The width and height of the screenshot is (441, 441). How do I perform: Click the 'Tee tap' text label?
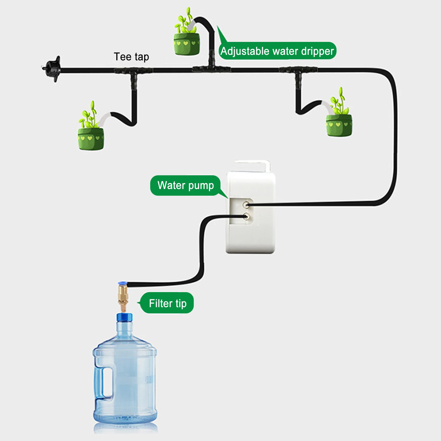[131, 57]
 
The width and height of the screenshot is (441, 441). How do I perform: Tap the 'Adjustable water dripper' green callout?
[277, 51]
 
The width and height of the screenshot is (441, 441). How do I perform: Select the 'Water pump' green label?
[185, 185]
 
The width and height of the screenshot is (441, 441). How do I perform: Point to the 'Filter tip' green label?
[168, 303]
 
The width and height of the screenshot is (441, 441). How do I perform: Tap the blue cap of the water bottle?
[124, 317]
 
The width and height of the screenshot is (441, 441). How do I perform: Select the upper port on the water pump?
[246, 205]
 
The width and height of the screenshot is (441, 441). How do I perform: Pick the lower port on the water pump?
[246, 217]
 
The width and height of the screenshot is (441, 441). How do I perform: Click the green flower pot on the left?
[91, 138]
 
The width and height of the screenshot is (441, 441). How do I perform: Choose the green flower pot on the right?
[339, 125]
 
